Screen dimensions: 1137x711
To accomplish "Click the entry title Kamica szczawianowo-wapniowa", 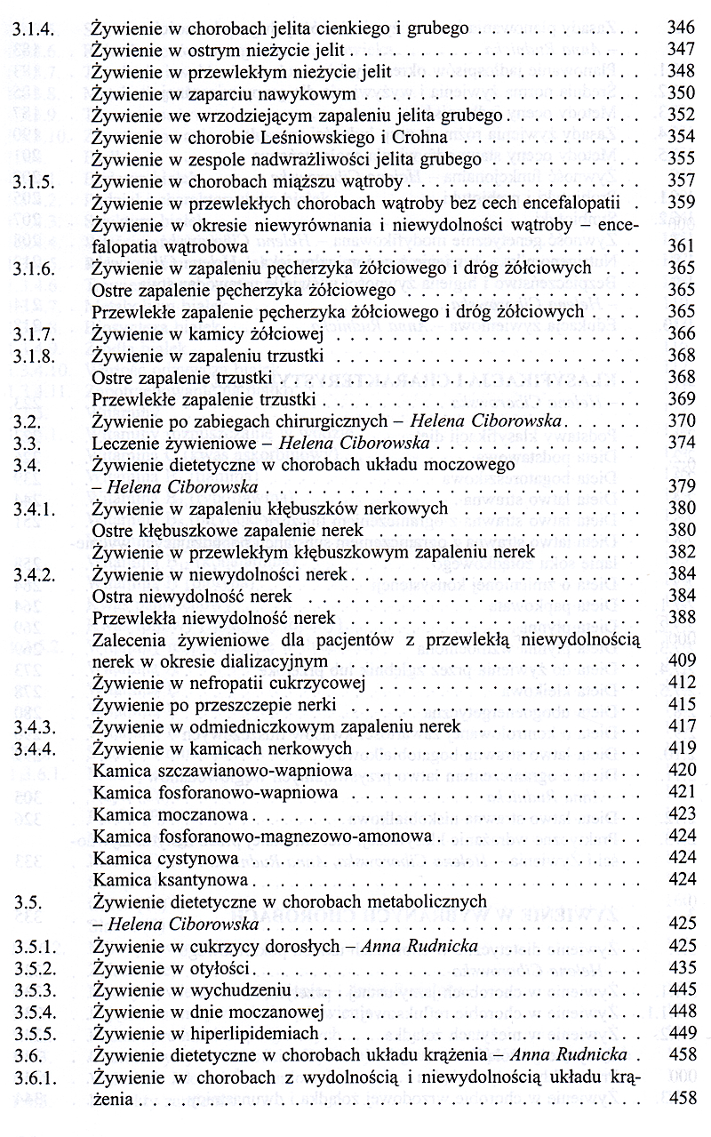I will tap(222, 770).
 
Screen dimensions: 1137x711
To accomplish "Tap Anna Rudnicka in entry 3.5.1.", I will tap(418, 945).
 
